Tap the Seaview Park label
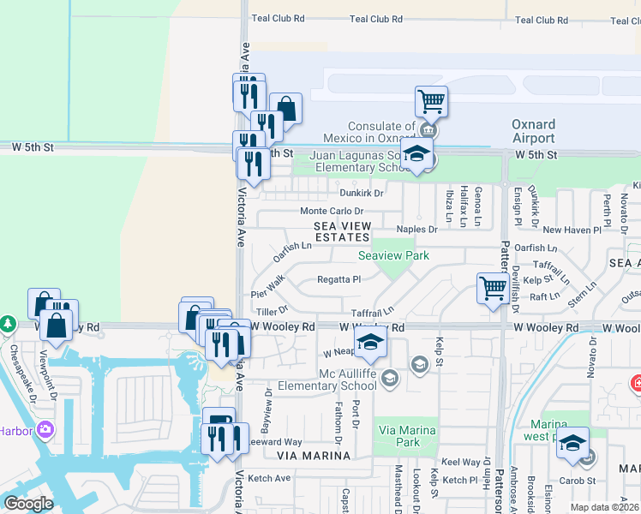click(393, 255)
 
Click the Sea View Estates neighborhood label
click(342, 230)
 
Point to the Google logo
click(28, 504)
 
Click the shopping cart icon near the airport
click(432, 102)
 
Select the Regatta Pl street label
click(339, 279)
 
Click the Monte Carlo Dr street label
click(331, 211)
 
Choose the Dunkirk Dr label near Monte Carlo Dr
click(360, 193)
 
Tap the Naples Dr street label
click(416, 230)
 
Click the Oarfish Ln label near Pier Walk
click(291, 252)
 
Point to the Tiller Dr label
click(270, 309)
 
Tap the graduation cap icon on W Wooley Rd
click(371, 342)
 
